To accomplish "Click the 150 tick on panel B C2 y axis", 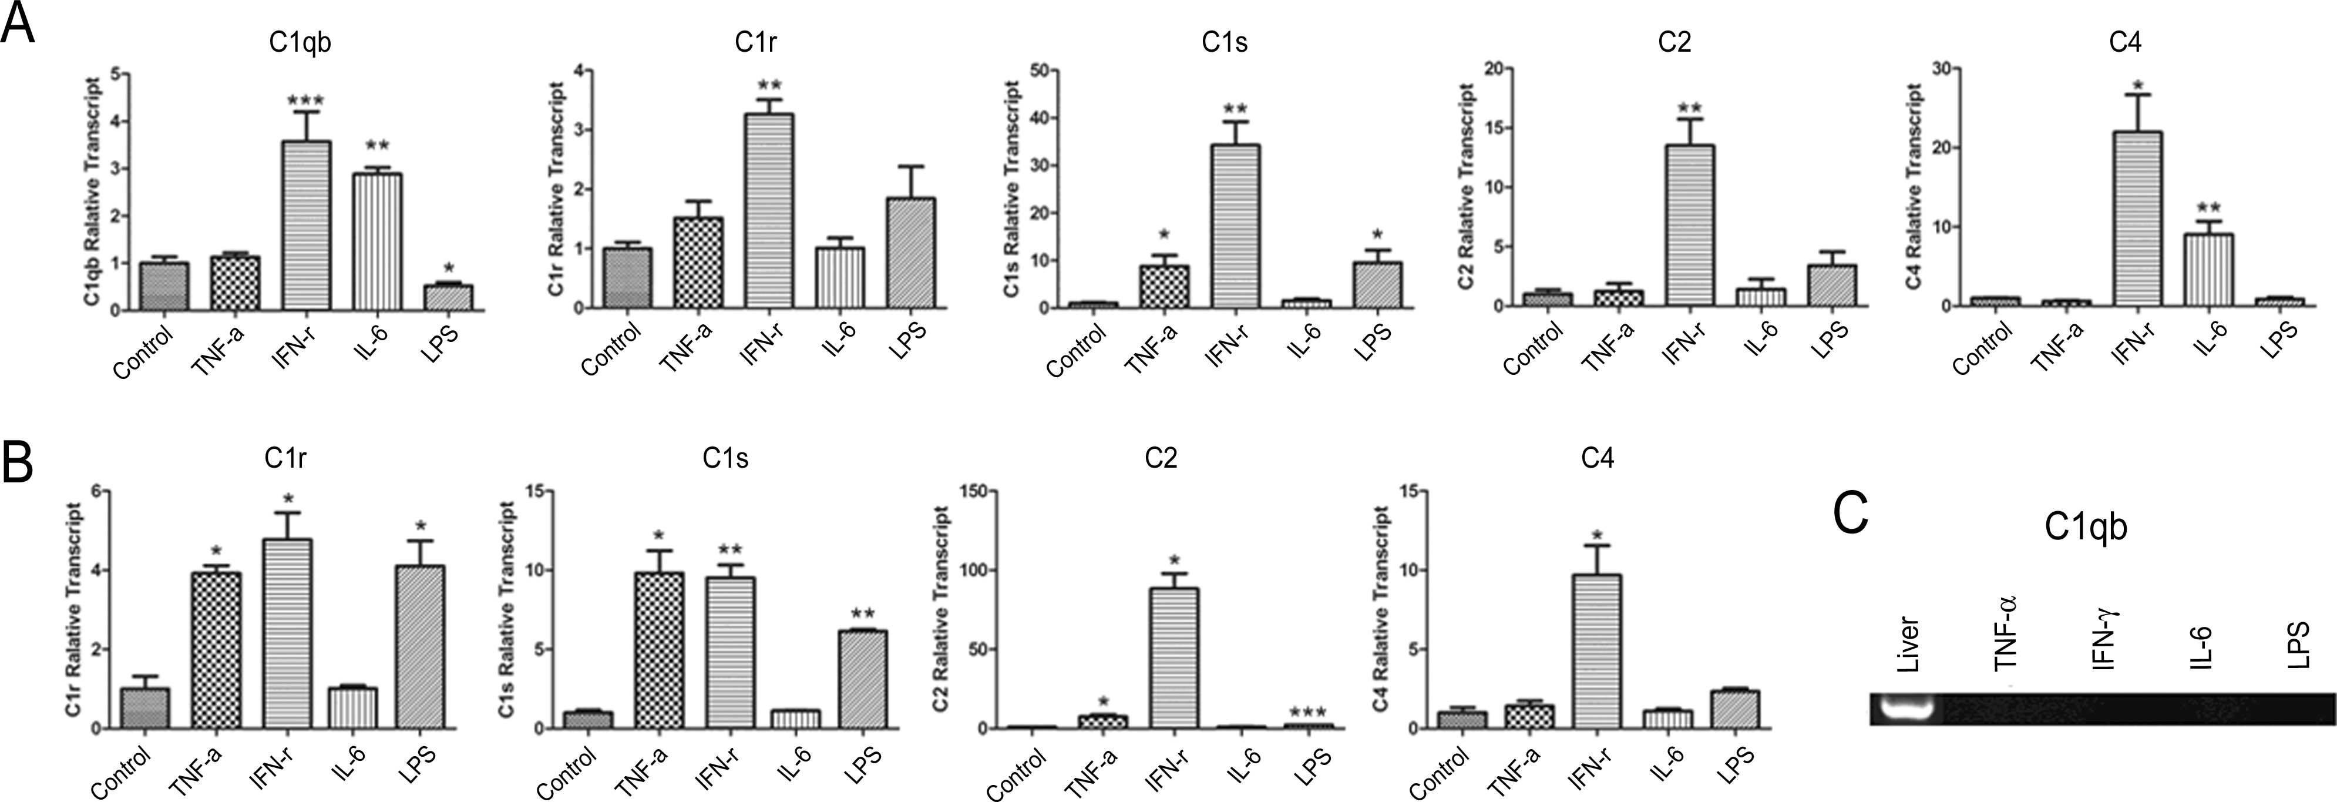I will pyautogui.click(x=973, y=491).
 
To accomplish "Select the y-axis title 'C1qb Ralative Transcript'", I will pyautogui.click(x=95, y=192).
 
